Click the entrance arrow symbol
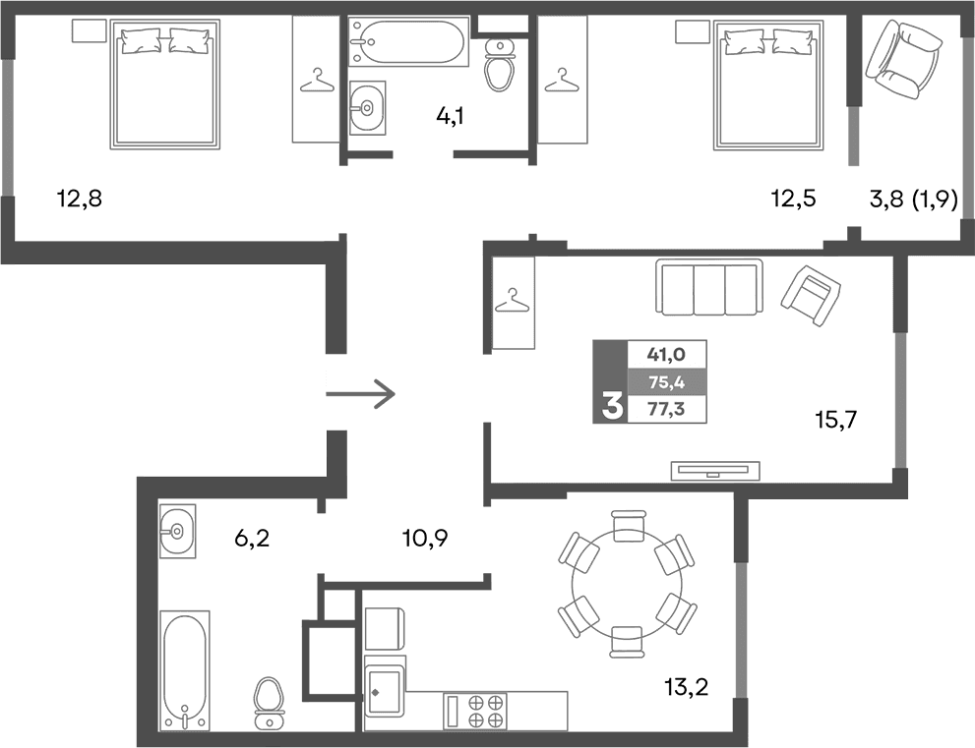click(x=360, y=395)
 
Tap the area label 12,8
click(x=80, y=200)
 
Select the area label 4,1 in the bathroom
click(x=450, y=116)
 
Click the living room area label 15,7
click(x=836, y=421)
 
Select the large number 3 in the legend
click(x=611, y=404)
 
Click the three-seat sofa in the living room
click(x=709, y=288)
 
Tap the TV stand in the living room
click(x=715, y=470)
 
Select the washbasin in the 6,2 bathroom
click(x=177, y=532)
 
